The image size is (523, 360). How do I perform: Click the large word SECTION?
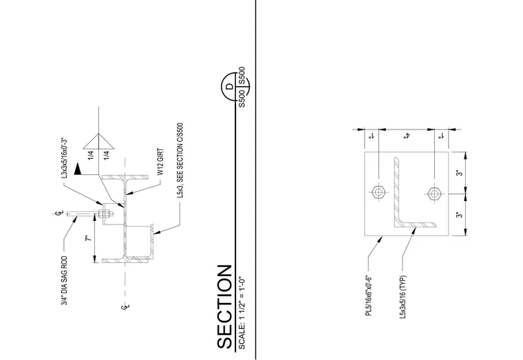224,306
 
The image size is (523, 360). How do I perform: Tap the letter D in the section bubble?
230,87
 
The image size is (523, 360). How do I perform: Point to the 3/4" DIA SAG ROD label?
65,281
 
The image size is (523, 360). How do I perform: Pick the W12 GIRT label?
160,162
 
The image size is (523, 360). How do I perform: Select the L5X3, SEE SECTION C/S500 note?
180,160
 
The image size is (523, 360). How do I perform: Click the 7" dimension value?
89,239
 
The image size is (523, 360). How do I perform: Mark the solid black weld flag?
78,169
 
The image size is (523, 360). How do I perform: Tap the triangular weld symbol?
98,141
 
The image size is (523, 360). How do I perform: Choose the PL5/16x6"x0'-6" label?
369,296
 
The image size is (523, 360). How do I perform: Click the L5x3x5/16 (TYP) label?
403,297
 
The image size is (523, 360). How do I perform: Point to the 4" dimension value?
407,136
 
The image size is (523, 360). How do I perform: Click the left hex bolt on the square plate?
378,193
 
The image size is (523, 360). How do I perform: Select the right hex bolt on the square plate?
434,193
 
